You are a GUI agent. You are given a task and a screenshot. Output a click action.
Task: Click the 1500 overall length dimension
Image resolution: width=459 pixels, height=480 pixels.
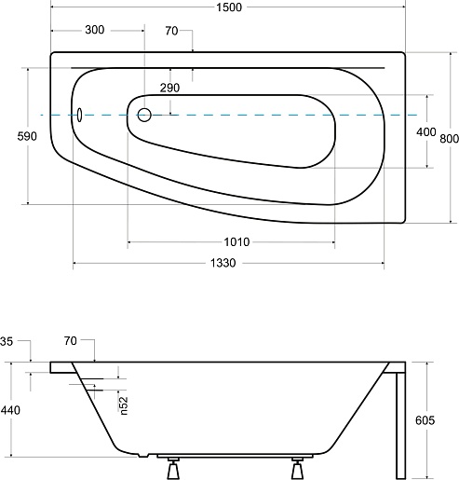click(229, 7)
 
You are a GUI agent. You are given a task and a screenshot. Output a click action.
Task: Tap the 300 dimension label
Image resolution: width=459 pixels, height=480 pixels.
click(95, 30)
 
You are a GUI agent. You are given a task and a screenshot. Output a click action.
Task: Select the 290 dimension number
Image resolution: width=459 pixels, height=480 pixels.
click(169, 88)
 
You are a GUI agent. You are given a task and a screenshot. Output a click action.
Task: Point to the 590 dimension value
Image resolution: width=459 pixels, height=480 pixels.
click(27, 136)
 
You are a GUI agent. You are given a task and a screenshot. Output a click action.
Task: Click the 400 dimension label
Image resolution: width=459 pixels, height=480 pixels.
click(425, 132)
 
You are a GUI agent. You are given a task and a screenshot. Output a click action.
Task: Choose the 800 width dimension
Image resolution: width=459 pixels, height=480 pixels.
click(449, 139)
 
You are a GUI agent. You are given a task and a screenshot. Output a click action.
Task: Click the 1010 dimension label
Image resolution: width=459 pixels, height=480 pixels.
click(236, 241)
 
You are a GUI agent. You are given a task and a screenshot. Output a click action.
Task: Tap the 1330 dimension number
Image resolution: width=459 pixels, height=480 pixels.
click(223, 263)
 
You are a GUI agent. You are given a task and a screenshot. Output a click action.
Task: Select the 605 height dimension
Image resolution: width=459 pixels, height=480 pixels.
click(425, 420)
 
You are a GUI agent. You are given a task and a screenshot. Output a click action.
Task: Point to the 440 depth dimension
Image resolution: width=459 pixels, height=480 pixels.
click(10, 410)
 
